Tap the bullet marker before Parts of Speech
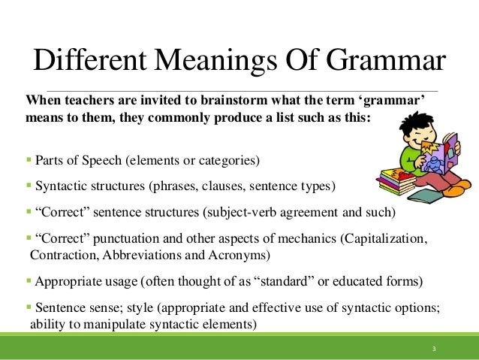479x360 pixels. (x=28, y=159)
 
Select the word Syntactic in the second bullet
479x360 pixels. (x=60, y=184)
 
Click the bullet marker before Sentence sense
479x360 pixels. (x=28, y=309)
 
